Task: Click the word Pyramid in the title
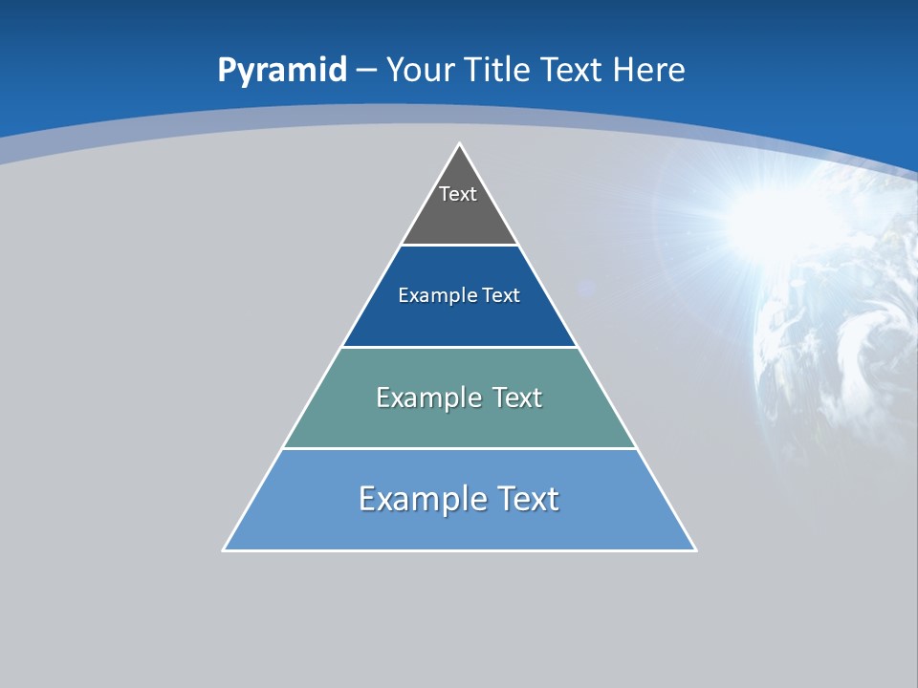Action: click(282, 71)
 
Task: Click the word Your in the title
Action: click(418, 70)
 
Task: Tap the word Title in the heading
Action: click(498, 70)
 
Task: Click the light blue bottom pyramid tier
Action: click(459, 526)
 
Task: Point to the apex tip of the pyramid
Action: click(459, 145)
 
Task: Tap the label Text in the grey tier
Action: click(458, 194)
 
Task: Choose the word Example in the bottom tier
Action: click(421, 499)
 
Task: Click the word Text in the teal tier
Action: click(517, 398)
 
